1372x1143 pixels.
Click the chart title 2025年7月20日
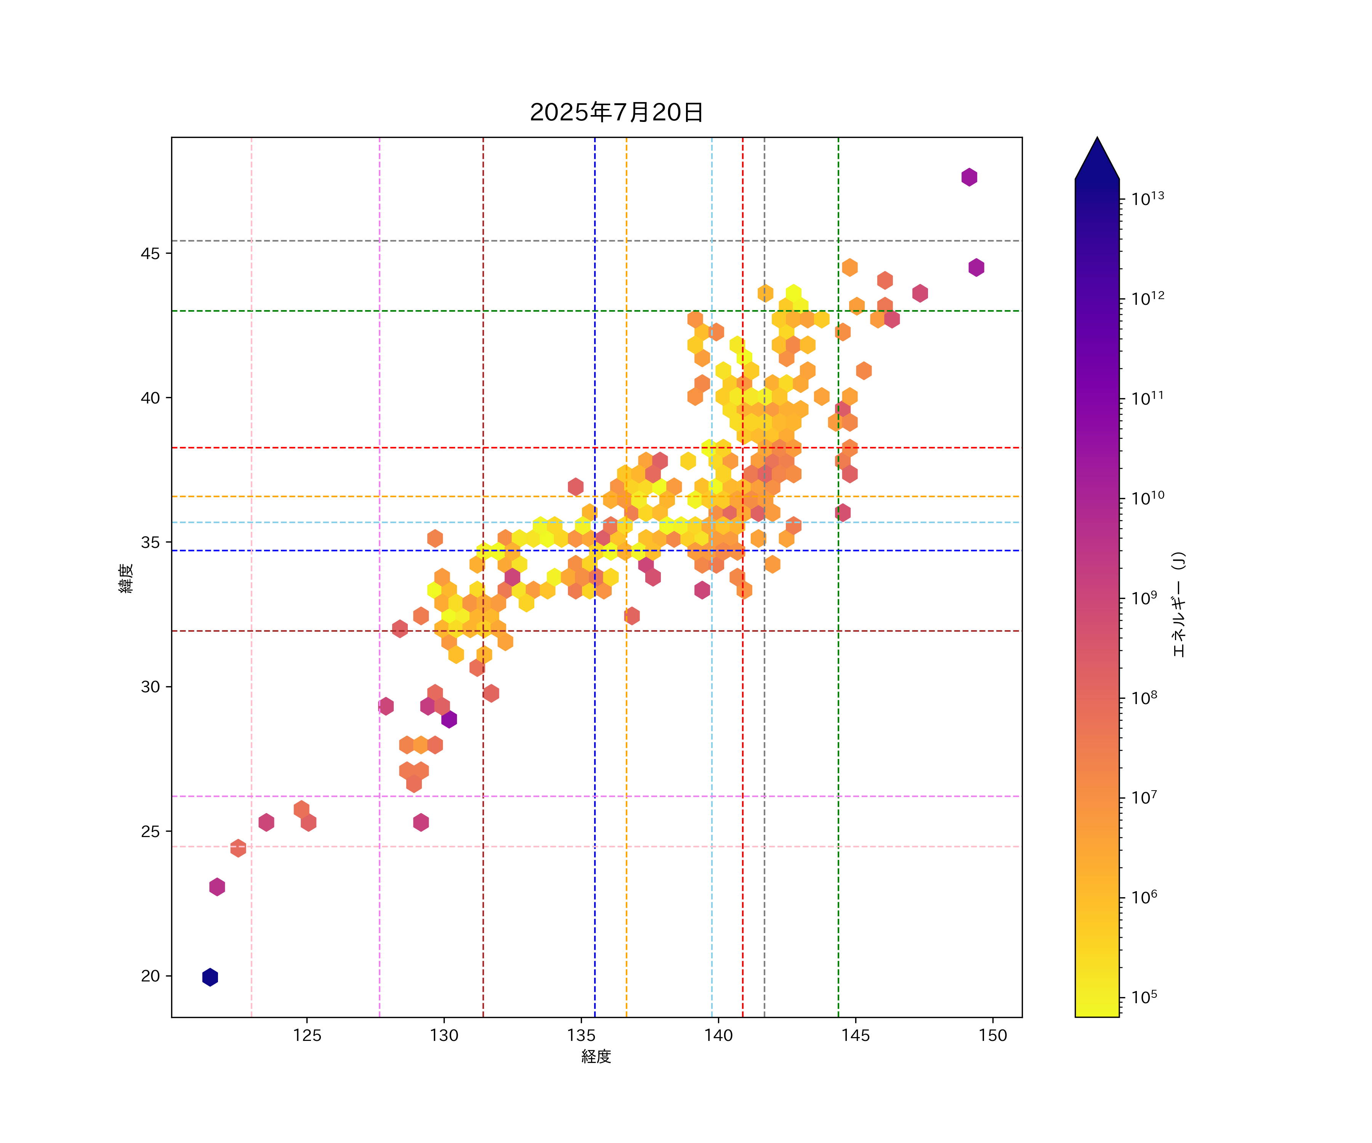(616, 112)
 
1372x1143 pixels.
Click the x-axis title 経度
(596, 1056)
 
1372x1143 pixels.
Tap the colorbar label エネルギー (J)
(1178, 605)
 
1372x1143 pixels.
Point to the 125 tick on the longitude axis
(307, 1035)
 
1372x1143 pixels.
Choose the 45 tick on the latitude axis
(150, 253)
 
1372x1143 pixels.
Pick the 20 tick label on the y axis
(150, 976)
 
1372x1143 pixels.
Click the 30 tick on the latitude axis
(150, 687)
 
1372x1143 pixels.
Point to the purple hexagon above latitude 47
(969, 177)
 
